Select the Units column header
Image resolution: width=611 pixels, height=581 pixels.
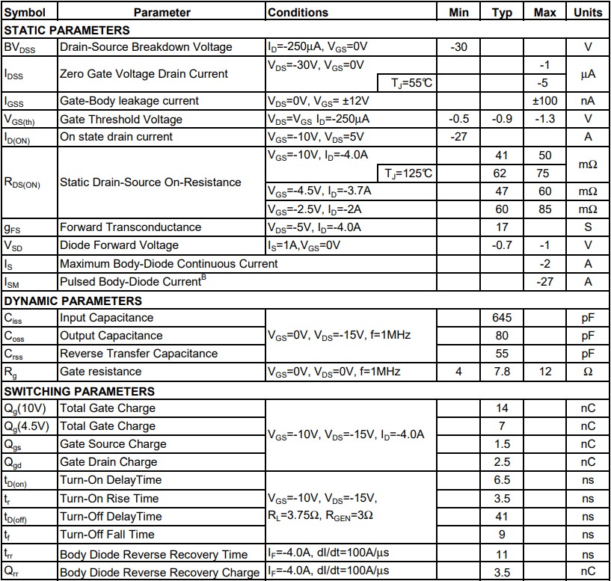(588, 12)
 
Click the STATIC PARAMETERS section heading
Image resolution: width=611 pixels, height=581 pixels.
(67, 30)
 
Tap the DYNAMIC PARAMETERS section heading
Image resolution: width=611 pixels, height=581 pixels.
(73, 301)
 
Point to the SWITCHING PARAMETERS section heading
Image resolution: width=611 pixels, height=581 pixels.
(79, 391)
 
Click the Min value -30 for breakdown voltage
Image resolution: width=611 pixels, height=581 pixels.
(459, 47)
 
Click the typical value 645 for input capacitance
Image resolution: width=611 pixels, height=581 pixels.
(502, 318)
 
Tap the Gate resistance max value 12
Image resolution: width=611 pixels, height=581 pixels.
(544, 372)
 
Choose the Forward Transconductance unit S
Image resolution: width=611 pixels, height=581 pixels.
(588, 227)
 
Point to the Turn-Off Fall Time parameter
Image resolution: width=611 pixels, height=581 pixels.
(107, 535)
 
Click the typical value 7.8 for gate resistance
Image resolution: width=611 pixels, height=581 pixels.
(502, 372)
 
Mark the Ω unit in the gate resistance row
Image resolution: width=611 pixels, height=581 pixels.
(588, 372)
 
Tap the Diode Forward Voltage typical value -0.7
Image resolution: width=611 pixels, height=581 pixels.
(502, 245)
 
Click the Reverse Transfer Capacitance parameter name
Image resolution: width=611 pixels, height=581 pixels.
(138, 354)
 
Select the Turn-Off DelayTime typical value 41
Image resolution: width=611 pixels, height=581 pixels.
(502, 517)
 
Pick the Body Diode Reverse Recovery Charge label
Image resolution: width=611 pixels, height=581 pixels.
(159, 573)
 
